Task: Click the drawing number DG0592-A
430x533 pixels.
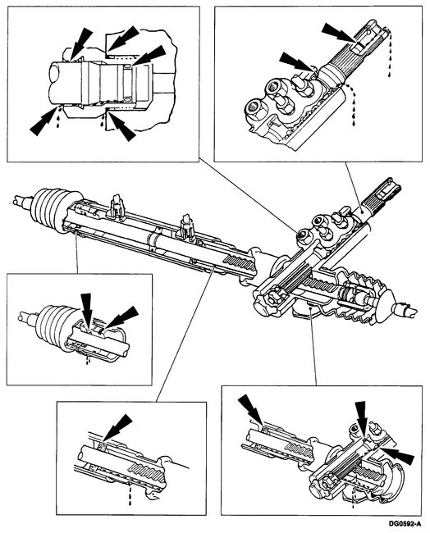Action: pyautogui.click(x=400, y=522)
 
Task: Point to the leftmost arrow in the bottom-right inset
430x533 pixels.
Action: pyautogui.click(x=249, y=408)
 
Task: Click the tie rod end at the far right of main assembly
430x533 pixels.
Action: pyautogui.click(x=405, y=309)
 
